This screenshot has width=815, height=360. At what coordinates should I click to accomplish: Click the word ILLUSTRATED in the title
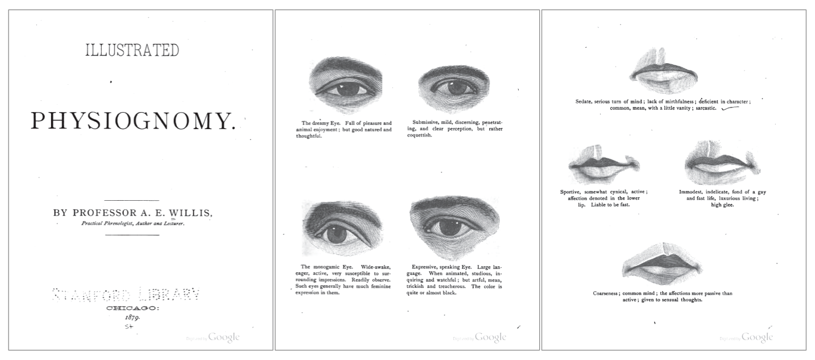[x=132, y=50]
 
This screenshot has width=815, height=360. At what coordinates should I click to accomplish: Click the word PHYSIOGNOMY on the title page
[x=133, y=121]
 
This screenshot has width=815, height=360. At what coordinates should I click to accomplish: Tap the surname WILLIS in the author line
[x=193, y=213]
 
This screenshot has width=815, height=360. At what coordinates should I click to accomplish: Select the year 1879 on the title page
[x=133, y=318]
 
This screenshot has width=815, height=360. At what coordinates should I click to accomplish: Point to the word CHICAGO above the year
[x=133, y=308]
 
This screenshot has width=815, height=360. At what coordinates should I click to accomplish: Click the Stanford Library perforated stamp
[x=126, y=295]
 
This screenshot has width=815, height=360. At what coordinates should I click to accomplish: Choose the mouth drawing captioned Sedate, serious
[x=664, y=74]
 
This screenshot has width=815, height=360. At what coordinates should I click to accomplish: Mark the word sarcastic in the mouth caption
[x=704, y=107]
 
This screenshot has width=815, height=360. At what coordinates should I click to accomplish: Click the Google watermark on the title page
[x=224, y=337]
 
